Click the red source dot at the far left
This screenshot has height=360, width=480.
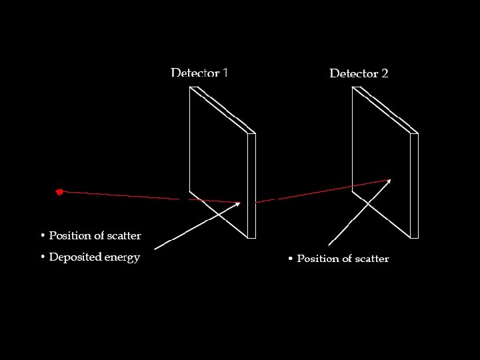[59, 192]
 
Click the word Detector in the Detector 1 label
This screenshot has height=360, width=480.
[195, 73]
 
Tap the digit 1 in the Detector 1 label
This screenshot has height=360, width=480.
[225, 73]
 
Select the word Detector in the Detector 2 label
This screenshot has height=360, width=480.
[353, 73]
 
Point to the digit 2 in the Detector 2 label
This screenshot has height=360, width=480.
[385, 73]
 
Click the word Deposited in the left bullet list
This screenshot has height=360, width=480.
[75, 257]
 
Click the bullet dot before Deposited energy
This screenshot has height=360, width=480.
[42, 257]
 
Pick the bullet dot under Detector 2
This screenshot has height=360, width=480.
[290, 259]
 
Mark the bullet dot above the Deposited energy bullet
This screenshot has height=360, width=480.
[42, 236]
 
